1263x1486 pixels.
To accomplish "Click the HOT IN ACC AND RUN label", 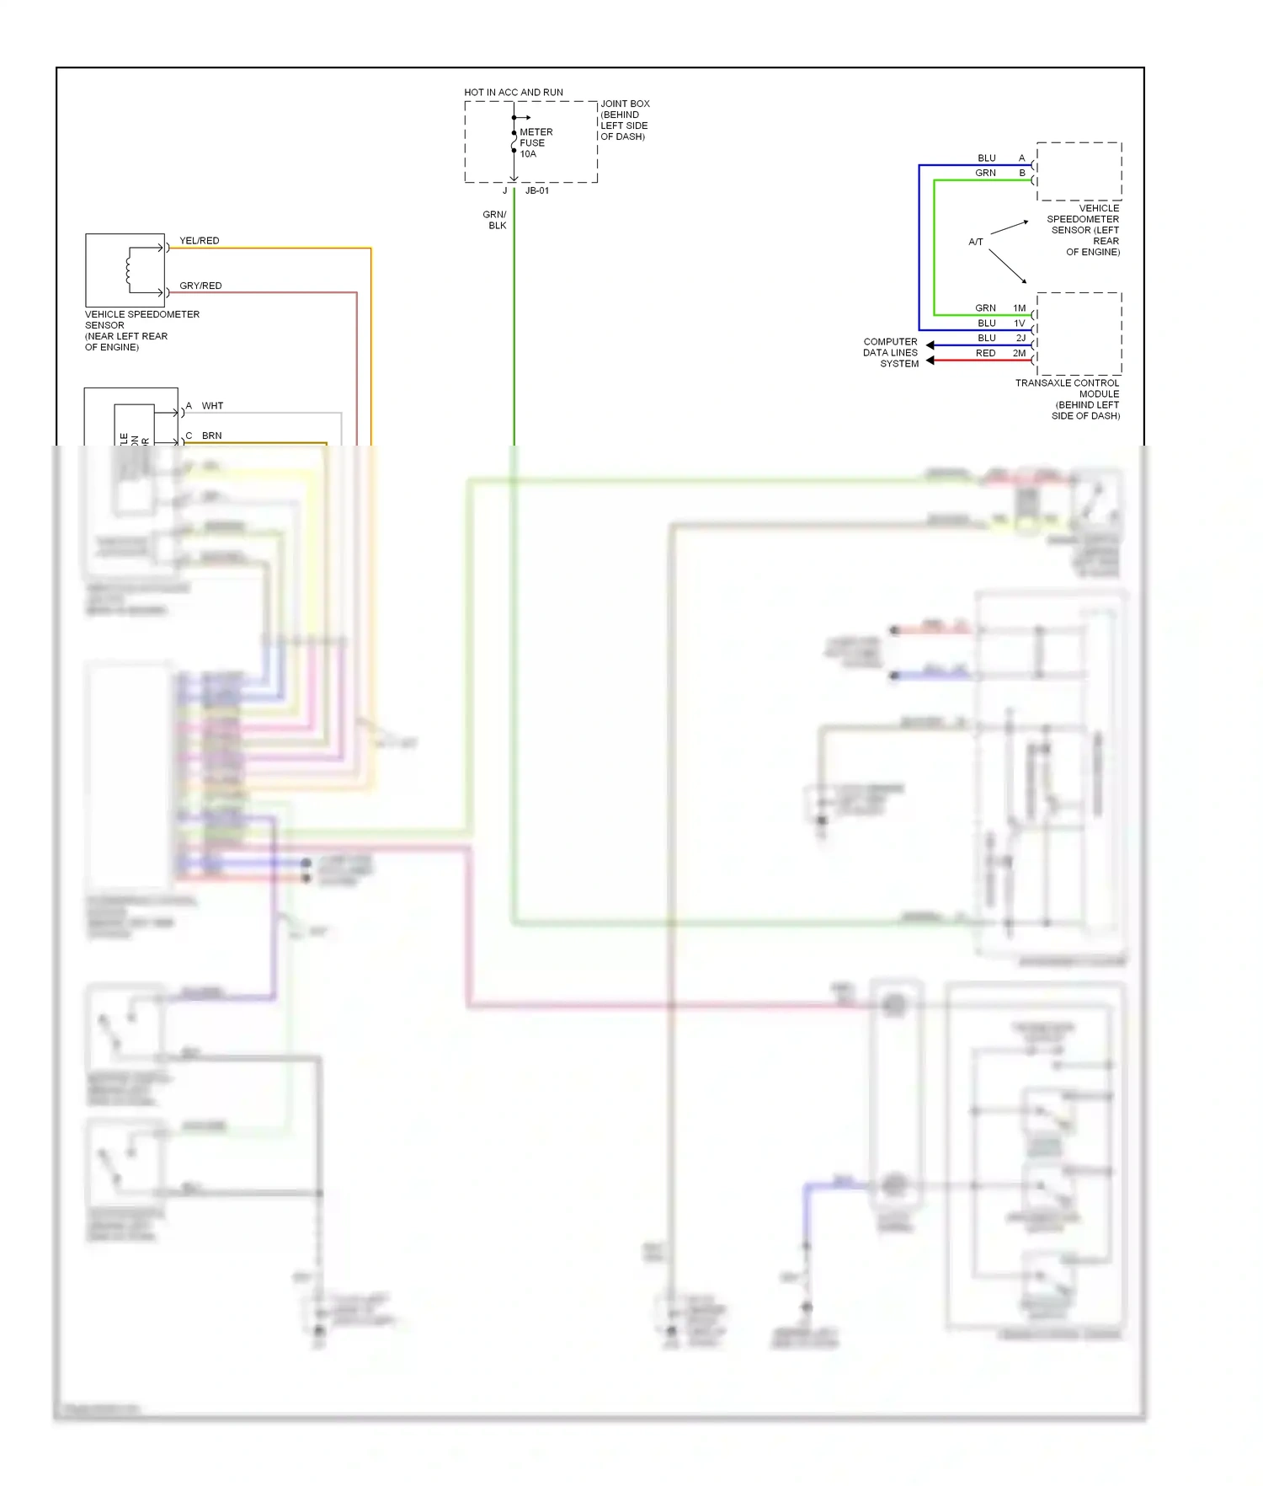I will pos(514,92).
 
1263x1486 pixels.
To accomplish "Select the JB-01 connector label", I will pos(537,191).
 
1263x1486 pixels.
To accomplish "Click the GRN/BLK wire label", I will pos(495,220).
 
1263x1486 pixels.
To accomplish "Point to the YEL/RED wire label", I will pos(200,241).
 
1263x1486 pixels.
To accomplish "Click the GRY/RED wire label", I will pos(200,286).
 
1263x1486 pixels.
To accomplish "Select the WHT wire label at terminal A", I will pos(212,406).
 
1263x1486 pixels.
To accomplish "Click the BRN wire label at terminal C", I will pos(211,436).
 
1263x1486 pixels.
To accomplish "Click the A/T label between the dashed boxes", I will pos(976,242).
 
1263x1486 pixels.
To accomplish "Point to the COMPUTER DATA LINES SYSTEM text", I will pos(891,353).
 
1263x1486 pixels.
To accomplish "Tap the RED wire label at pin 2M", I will pos(985,353).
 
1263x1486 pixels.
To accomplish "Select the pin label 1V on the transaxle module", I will pos(1020,323).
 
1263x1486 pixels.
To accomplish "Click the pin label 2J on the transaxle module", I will pos(1021,338).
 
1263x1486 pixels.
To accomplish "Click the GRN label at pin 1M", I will pos(985,308).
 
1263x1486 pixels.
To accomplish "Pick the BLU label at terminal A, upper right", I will pos(987,158).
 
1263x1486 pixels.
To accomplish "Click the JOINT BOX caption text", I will pos(625,120).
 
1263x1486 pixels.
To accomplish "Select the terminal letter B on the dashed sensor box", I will pos(1022,173).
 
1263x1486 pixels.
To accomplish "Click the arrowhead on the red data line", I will pos(930,361).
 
